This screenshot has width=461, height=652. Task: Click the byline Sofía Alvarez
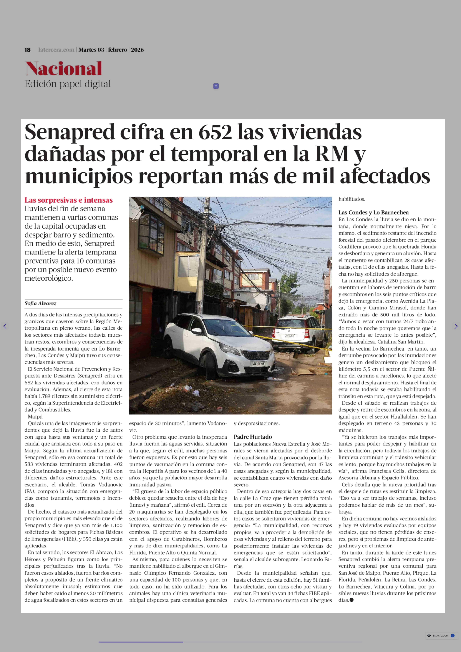pos(40,303)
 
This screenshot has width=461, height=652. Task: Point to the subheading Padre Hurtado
pos(253,437)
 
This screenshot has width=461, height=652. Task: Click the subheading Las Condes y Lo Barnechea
pos(373,212)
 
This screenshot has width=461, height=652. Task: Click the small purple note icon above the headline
pos(216,86)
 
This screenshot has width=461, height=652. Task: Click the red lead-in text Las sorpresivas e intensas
pos(68,200)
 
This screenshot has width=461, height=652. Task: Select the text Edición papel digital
pos(68,84)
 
